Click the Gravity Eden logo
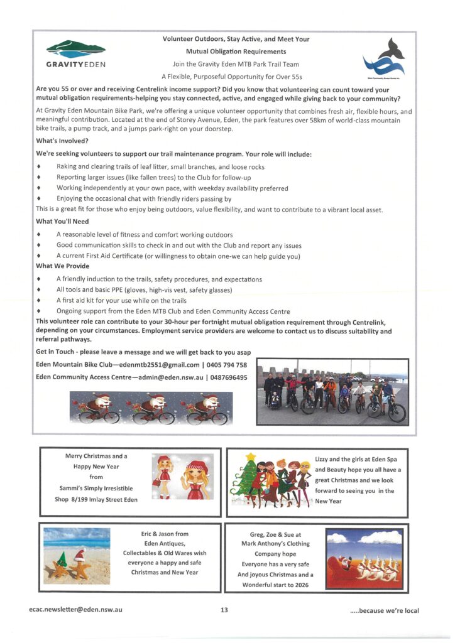(x=76, y=54)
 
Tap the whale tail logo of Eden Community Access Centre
(x=384, y=58)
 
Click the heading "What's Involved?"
(x=62, y=141)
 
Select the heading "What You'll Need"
(x=62, y=222)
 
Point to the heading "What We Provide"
(x=63, y=266)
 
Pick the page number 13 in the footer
(x=224, y=610)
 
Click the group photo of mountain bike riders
(x=332, y=392)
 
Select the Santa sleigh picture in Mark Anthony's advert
(x=365, y=558)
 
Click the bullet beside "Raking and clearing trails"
(x=40, y=167)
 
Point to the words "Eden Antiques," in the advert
(x=165, y=544)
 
